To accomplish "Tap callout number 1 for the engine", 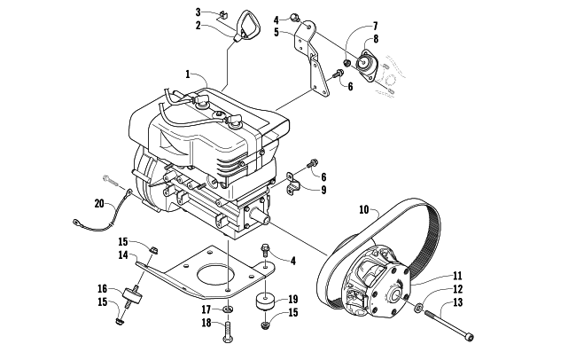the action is coord(188,74).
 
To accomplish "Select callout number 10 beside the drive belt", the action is coord(363,210).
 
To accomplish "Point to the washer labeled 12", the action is coord(418,309).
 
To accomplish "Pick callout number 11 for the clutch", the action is coord(457,276).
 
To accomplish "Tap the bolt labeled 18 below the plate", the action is coord(227,333).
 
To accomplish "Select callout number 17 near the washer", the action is coord(206,309).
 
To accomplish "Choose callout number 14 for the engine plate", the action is coord(122,254).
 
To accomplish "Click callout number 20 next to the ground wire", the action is coord(99,203).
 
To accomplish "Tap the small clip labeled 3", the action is coord(222,15).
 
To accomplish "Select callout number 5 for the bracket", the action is coord(276,32).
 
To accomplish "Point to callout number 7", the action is coord(375,26).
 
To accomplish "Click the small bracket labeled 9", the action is coord(293,183).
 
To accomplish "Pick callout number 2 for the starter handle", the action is coord(198,26).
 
